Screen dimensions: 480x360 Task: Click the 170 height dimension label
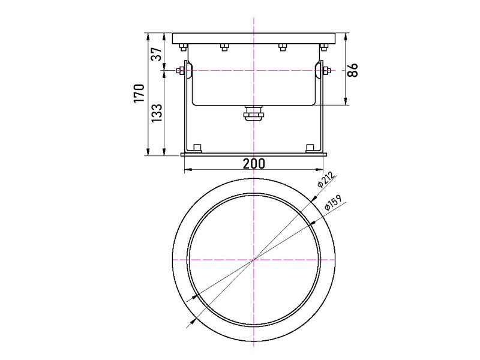click(139, 93)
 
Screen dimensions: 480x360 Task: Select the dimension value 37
click(157, 54)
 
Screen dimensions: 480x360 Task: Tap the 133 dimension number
click(157, 113)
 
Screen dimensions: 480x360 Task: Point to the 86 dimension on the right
click(353, 70)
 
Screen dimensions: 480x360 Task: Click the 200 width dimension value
click(254, 164)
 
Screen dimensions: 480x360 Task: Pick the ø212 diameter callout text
click(325, 179)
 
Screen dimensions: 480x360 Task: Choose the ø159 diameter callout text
click(333, 203)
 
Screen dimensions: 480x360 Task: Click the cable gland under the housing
click(253, 113)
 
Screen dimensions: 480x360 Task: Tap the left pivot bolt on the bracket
click(180, 71)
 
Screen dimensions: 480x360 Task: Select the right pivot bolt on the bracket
click(326, 71)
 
